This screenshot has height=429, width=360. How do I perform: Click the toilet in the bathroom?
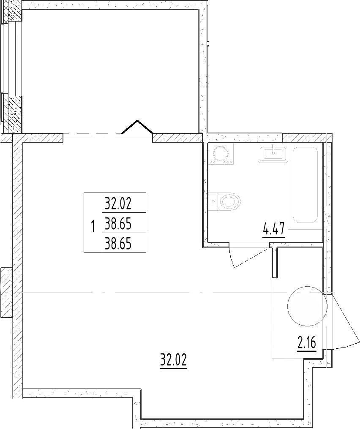(x=229, y=201)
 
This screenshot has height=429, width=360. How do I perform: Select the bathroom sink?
(x=273, y=152)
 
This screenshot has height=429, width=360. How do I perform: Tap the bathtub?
(x=305, y=185)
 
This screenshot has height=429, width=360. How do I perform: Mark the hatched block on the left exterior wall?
(x=6, y=293)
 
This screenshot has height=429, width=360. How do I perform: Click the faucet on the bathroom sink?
(x=273, y=149)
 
